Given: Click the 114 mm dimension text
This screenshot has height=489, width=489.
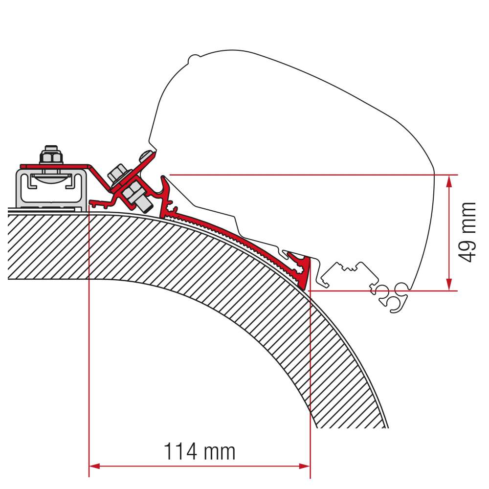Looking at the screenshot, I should (x=199, y=452).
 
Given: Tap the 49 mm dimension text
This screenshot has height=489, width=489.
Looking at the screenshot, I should (x=468, y=232).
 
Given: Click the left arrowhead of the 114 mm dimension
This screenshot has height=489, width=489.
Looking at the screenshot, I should (x=94, y=466).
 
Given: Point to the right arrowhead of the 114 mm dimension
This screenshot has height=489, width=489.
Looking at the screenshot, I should (x=305, y=466).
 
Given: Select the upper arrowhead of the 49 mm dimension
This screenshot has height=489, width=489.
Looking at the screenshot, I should (x=448, y=180).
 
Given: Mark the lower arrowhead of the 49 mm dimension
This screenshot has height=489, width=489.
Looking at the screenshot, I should (x=448, y=286).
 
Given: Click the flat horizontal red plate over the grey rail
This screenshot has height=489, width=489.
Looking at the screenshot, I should (x=54, y=167).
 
